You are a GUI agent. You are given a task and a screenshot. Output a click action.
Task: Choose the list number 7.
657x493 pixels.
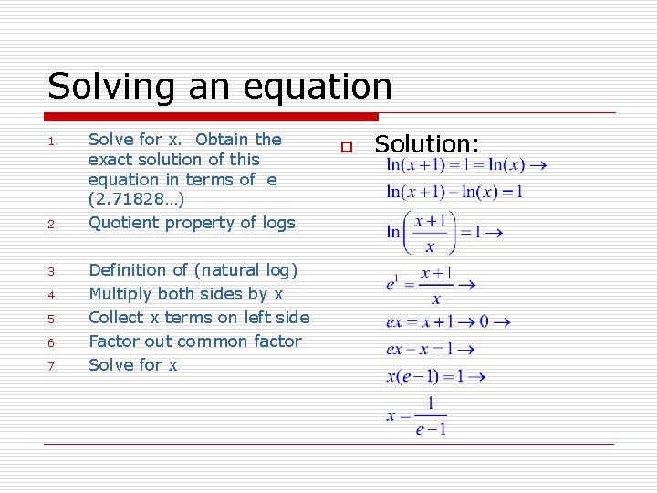54,367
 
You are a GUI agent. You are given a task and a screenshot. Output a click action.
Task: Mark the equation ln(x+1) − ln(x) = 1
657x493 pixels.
454,192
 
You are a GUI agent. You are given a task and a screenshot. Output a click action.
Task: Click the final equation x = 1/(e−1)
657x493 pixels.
418,415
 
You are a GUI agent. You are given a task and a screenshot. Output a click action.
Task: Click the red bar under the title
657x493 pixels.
212,117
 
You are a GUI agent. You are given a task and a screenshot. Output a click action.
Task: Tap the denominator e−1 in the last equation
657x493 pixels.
431,428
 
